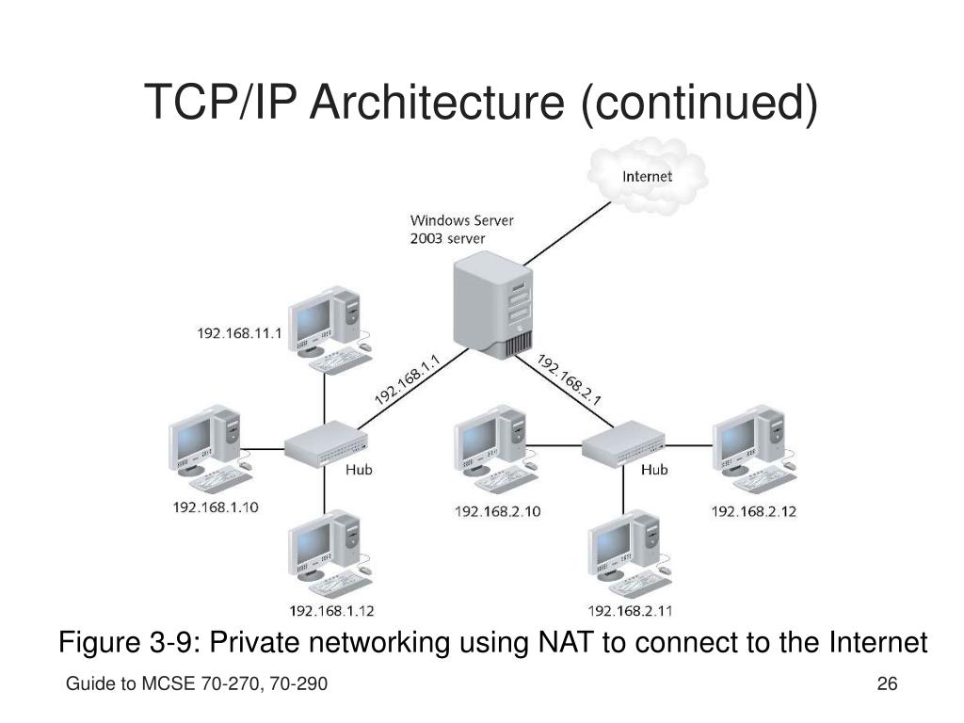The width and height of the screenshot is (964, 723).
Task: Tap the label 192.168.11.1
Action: [239, 332]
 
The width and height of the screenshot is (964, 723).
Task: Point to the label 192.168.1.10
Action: [216, 507]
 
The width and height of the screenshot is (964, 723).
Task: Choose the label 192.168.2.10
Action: [498, 511]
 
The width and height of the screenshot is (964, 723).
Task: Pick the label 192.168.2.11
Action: [631, 610]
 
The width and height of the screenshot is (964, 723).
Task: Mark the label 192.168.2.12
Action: [754, 511]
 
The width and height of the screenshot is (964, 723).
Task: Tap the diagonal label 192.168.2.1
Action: [570, 379]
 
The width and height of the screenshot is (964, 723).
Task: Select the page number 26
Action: [886, 683]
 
